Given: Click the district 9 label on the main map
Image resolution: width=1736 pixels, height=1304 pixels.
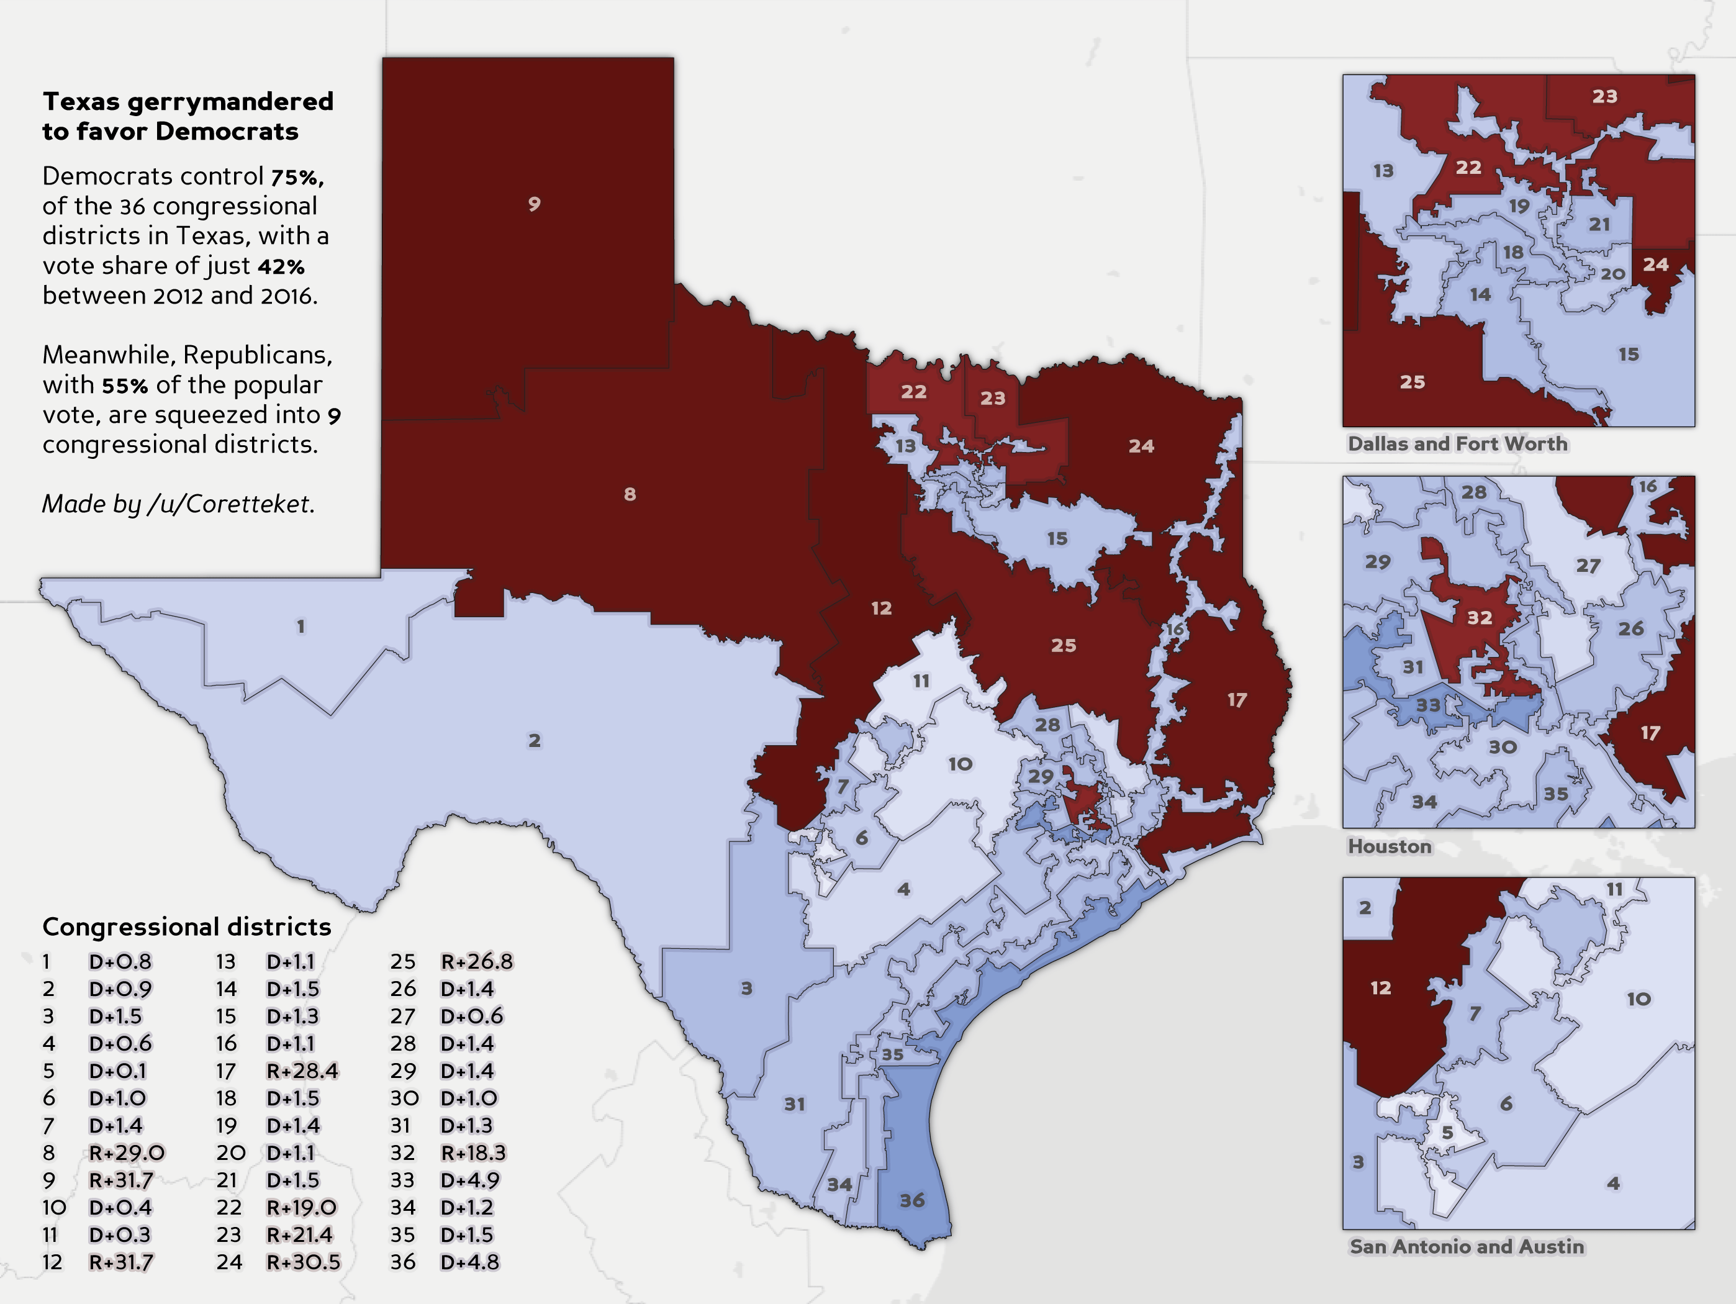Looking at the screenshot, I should [x=534, y=204].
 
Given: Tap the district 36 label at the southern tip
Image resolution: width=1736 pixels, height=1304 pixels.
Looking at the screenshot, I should [x=912, y=1200].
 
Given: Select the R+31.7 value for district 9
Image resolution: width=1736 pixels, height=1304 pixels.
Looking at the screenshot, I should [x=121, y=1180].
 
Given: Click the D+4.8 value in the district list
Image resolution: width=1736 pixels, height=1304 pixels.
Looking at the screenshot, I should [x=469, y=1262].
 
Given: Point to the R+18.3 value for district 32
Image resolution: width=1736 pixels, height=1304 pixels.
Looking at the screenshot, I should [x=473, y=1152].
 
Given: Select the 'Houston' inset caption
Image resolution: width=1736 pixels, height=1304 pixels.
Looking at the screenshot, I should [x=1389, y=846].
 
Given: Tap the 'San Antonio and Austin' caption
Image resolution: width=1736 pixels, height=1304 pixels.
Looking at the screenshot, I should [x=1466, y=1247].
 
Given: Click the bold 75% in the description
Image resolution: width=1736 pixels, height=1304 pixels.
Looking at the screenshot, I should [x=297, y=178].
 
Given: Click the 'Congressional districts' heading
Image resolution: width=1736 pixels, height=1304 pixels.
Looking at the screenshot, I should [x=187, y=927].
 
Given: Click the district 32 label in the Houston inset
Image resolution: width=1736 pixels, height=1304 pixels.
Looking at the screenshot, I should [x=1480, y=618].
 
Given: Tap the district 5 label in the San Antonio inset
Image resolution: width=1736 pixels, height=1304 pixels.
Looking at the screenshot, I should [x=1447, y=1133].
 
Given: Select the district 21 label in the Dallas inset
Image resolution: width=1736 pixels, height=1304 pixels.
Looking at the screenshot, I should [x=1599, y=225].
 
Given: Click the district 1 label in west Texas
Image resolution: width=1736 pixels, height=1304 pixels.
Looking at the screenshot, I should [x=301, y=627].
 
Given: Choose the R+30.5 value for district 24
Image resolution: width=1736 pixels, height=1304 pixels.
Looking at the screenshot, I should [x=303, y=1262].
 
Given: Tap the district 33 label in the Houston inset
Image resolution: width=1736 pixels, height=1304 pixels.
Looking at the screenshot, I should [x=1429, y=705].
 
